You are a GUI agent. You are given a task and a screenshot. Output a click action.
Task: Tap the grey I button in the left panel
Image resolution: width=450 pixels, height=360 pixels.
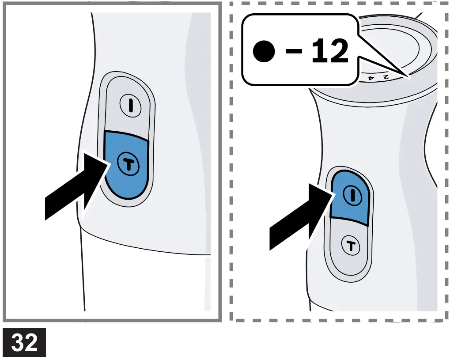click(x=131, y=106)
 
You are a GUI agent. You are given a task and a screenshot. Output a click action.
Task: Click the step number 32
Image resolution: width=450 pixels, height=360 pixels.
click(x=24, y=343)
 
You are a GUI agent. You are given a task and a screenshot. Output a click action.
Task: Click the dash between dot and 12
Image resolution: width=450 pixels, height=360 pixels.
click(x=293, y=52)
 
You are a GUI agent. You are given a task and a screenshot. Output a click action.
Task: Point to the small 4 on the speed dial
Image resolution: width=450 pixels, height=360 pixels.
click(x=371, y=78)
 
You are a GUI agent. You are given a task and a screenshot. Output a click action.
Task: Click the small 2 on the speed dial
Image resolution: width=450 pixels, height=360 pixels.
click(x=385, y=77)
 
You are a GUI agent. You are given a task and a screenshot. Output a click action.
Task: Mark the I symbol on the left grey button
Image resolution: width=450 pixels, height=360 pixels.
click(x=131, y=106)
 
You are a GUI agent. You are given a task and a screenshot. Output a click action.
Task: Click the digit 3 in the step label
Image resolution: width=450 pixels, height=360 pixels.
click(x=18, y=343)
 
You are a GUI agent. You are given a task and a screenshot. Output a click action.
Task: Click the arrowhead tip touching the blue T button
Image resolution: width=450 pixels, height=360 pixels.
click(x=110, y=163)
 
